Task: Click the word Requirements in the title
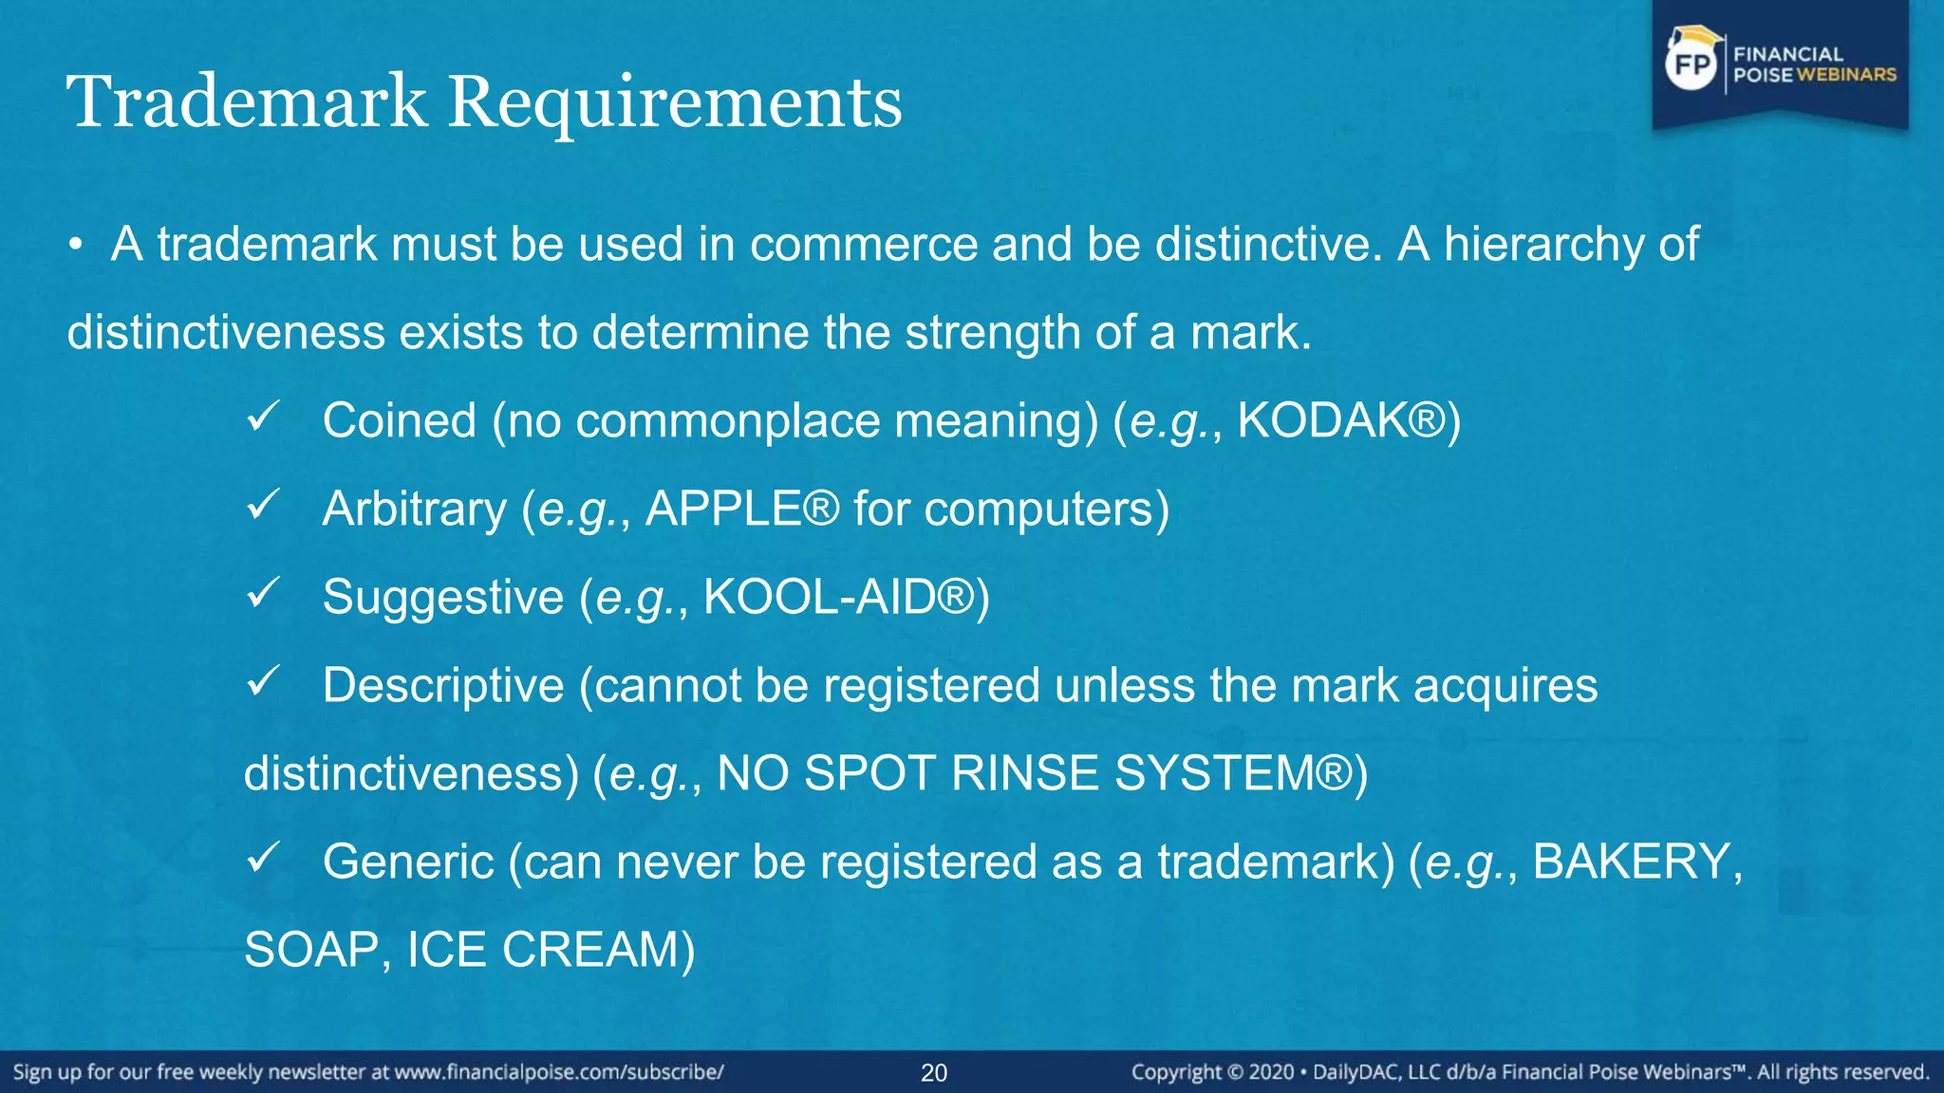pos(675,102)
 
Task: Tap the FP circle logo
pos(1692,65)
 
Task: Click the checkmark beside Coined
pos(262,416)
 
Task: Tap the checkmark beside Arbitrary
pos(262,504)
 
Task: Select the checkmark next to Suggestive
pos(262,592)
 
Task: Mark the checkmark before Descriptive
pos(262,680)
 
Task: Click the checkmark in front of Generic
pos(262,857)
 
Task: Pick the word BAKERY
pos(1632,861)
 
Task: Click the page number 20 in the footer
pos(934,1073)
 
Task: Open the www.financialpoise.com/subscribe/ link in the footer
pos(559,1073)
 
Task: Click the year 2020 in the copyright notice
pos(1271,1073)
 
